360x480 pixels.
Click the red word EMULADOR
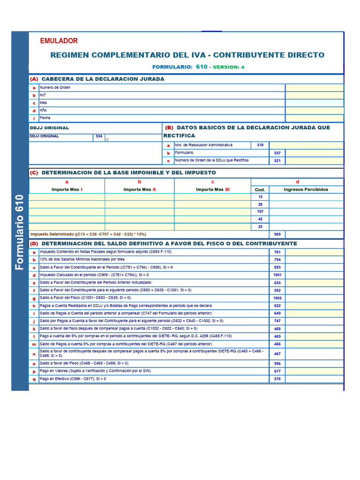tap(59, 41)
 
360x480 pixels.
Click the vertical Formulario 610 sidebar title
tap(20, 232)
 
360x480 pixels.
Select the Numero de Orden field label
tap(55, 88)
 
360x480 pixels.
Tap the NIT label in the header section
tap(43, 95)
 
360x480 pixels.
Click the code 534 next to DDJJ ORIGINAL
tap(98, 136)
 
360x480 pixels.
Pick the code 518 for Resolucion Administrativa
tap(260, 145)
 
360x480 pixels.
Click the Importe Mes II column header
tap(139, 189)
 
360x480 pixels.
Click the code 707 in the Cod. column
tap(260, 212)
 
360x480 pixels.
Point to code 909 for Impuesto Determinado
tap(277, 234)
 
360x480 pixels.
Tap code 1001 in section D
tap(277, 275)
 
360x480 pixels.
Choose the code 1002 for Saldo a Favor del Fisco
tap(277, 298)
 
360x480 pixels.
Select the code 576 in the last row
tap(277, 379)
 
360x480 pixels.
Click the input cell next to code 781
tap(314, 252)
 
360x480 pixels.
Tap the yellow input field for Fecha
tap(314, 118)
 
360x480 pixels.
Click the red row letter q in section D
tap(34, 379)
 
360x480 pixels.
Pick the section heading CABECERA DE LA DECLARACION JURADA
tap(103, 79)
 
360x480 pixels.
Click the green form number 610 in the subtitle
tap(202, 67)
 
